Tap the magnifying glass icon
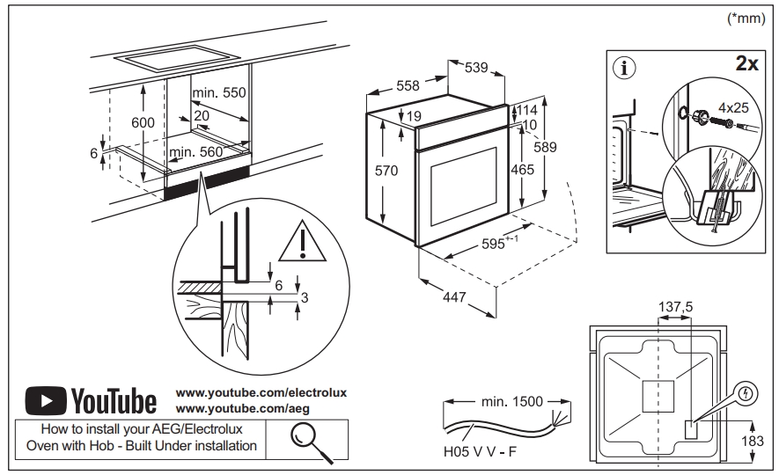[x=306, y=439]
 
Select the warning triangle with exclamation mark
[x=302, y=242]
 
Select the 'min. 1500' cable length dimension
[x=510, y=402]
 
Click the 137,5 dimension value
[x=676, y=306]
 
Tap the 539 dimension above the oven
[x=475, y=68]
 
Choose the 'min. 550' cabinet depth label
[x=220, y=93]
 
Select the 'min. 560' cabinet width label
[x=196, y=152]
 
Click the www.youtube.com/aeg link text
[x=243, y=410]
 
